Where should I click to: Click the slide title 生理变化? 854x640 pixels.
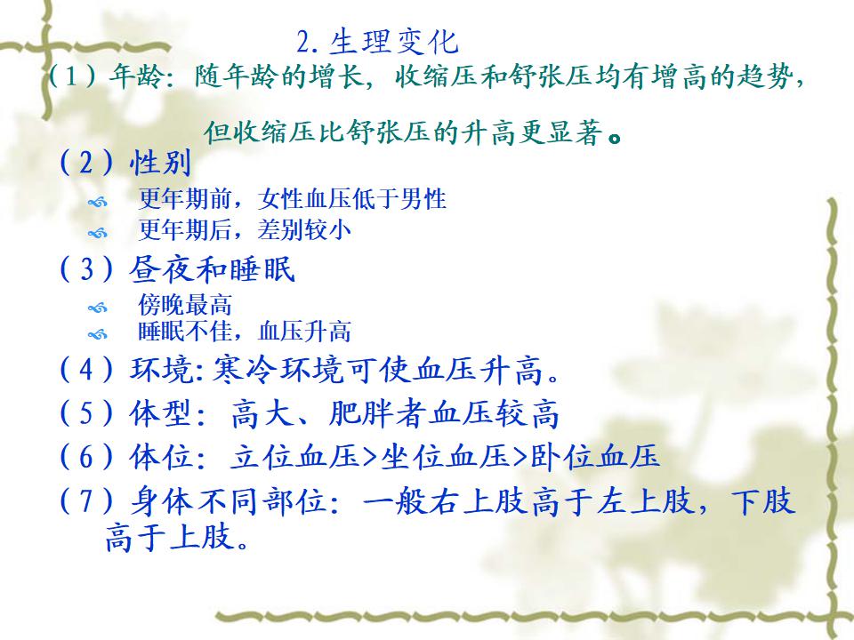394,42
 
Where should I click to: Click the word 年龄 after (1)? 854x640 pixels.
135,76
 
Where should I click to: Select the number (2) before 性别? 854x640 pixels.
86,162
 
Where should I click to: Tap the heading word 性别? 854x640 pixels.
160,162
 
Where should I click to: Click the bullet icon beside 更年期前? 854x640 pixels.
98,203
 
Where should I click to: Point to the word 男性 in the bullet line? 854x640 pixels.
423,198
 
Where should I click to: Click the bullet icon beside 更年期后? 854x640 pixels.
98,234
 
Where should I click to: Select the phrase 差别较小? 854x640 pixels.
304,229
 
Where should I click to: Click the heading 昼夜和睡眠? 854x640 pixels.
213,268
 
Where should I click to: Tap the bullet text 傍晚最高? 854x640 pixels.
185,304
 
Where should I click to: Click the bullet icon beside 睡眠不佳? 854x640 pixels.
98,334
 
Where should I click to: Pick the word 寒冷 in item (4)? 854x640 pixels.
243,370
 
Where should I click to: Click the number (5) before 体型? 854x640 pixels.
86,413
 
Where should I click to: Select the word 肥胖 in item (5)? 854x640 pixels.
360,413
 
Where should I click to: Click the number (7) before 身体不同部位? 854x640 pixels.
86,500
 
